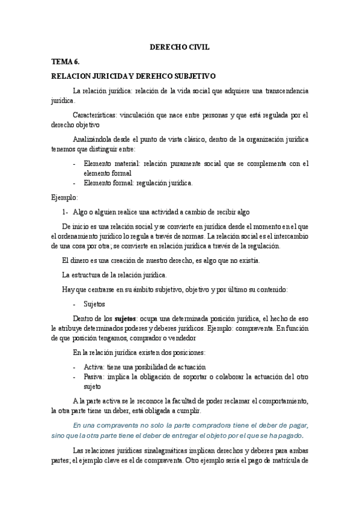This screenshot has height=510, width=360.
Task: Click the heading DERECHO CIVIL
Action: coord(180,47)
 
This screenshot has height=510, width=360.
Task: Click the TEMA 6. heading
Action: coord(65,62)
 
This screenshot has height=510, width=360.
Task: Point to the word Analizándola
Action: coord(95,139)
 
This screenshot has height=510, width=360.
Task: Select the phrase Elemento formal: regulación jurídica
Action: coord(138,183)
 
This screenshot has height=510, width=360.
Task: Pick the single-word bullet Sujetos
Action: coord(94,304)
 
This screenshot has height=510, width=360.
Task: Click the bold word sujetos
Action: coord(126,319)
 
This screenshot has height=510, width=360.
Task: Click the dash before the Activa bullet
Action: coord(73,367)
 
